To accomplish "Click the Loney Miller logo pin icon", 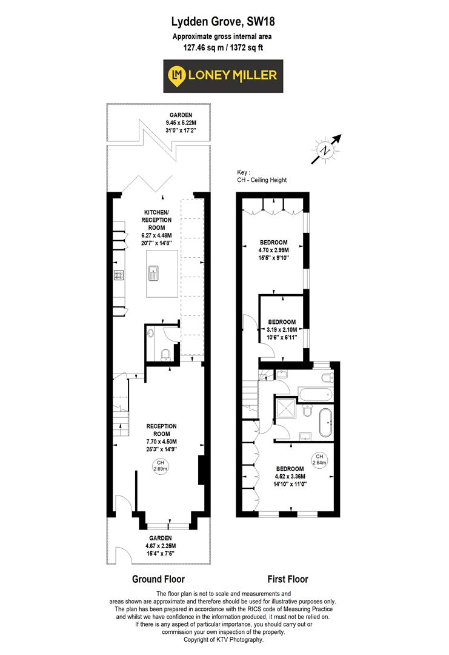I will [178, 75].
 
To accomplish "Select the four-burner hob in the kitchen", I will [119, 275].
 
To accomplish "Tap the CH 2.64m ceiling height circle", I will [319, 460].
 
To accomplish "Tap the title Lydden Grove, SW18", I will [224, 23].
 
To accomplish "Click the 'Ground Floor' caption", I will [158, 579].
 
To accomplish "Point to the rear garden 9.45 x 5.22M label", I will [181, 123].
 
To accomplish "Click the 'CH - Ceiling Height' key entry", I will [262, 180].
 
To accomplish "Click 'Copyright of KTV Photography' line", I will [224, 640].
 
